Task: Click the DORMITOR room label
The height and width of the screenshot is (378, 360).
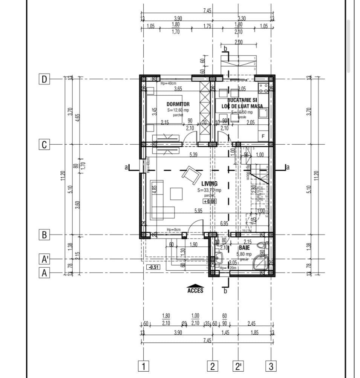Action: (x=178, y=104)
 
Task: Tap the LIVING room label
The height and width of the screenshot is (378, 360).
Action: (x=209, y=184)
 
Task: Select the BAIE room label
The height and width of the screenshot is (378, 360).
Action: (x=244, y=248)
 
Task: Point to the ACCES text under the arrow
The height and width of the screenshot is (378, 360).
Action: (x=195, y=291)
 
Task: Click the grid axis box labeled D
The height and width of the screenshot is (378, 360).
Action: (x=44, y=80)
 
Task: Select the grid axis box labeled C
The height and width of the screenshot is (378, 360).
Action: (x=44, y=145)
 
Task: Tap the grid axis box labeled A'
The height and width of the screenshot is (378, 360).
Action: (x=44, y=259)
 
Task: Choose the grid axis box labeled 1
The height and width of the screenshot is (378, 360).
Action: (x=143, y=366)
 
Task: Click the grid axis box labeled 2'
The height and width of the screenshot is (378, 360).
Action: (x=238, y=366)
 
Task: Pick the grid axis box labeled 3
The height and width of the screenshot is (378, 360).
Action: (x=271, y=366)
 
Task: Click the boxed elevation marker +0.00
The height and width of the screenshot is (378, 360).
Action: (x=210, y=201)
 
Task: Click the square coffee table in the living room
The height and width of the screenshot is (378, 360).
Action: (x=176, y=193)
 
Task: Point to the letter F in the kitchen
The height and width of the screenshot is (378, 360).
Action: (x=263, y=136)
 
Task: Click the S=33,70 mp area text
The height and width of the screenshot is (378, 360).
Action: (x=210, y=191)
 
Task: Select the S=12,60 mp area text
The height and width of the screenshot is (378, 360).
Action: (x=178, y=110)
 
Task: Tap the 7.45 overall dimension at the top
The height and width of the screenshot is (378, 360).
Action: (x=207, y=11)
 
